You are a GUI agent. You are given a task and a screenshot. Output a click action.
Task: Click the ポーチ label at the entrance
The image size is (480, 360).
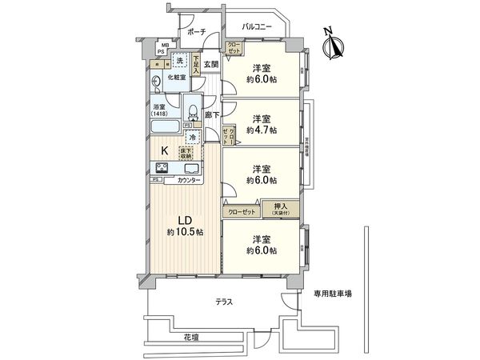pyautogui.click(x=197, y=31)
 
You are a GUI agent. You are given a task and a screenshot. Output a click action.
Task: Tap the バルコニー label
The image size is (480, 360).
pyautogui.click(x=255, y=28)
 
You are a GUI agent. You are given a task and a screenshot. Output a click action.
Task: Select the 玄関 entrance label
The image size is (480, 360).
pyautogui.click(x=210, y=63)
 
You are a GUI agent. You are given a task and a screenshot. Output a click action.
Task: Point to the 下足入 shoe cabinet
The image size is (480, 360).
pyautogui.click(x=196, y=63)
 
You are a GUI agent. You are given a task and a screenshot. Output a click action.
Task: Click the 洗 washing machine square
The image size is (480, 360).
pyautogui.click(x=181, y=61)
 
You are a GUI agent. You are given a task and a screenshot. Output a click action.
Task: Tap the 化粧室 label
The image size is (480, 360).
pyautogui.click(x=176, y=78)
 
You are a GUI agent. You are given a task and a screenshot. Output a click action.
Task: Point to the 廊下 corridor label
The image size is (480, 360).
pyautogui.click(x=212, y=115)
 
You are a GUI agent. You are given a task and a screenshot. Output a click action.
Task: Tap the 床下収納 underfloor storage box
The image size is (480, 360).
pyautogui.click(x=197, y=153)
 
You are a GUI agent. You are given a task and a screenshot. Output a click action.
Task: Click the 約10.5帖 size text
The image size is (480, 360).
pyautogui.click(x=184, y=231)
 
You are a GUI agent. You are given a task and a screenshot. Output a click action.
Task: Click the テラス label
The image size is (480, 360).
pyautogui.click(x=225, y=302)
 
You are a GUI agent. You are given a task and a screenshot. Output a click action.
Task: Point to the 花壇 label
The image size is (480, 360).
pyautogui.click(x=189, y=338)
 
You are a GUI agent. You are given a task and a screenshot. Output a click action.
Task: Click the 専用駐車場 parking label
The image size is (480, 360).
pyautogui.click(x=333, y=294)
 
